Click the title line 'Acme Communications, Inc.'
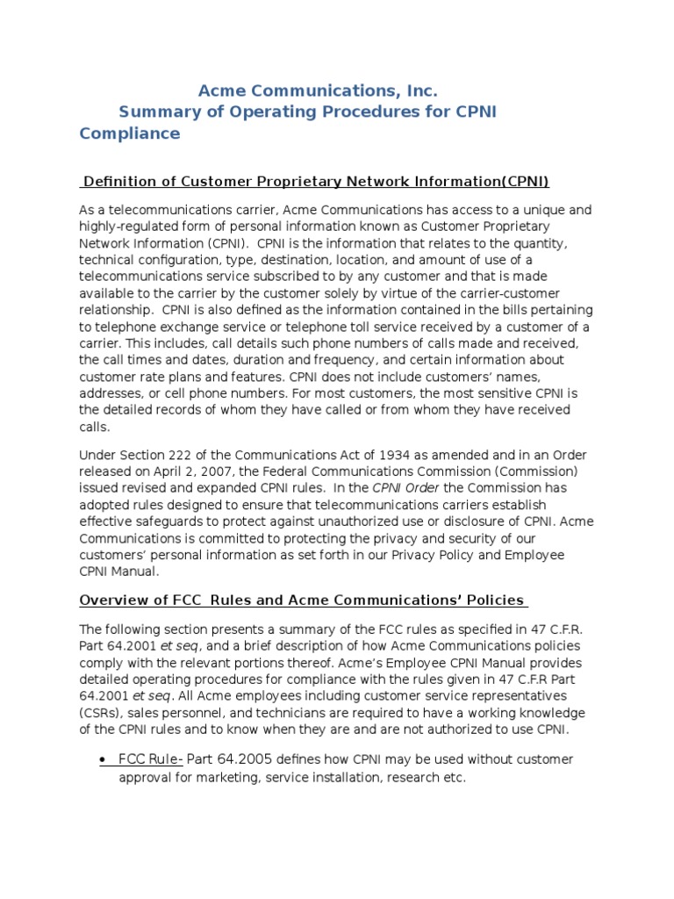pos(317,90)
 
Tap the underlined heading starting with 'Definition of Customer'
pos(314,182)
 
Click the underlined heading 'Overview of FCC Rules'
pos(303,601)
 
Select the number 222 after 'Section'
pos(174,455)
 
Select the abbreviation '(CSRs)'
pos(102,714)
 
